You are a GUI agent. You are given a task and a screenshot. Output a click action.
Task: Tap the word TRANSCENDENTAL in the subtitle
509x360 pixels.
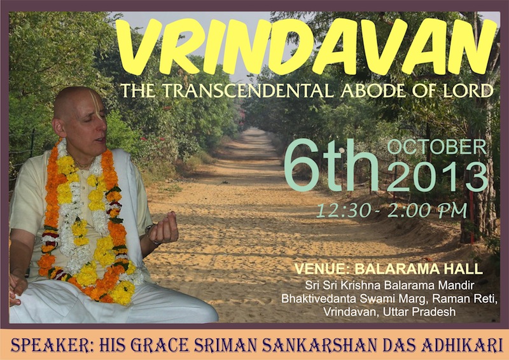(x=248, y=90)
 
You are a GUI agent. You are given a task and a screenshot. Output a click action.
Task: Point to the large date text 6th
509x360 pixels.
(x=331, y=165)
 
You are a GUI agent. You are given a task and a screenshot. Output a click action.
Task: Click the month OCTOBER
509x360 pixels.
(x=437, y=147)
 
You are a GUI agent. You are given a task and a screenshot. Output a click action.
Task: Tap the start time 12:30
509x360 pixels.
(x=344, y=211)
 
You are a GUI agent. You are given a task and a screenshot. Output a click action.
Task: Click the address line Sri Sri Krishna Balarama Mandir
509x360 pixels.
(x=389, y=286)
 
